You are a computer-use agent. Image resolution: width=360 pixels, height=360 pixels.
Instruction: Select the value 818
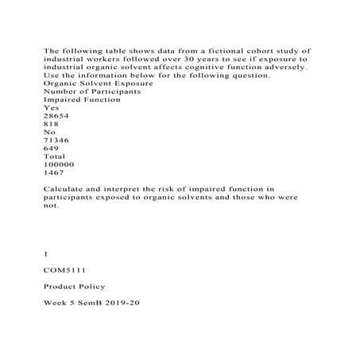51,123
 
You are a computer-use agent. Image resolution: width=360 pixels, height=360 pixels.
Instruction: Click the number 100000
58,163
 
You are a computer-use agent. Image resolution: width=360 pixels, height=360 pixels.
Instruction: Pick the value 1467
53,171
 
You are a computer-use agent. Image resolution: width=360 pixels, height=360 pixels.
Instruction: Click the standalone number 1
46,254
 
